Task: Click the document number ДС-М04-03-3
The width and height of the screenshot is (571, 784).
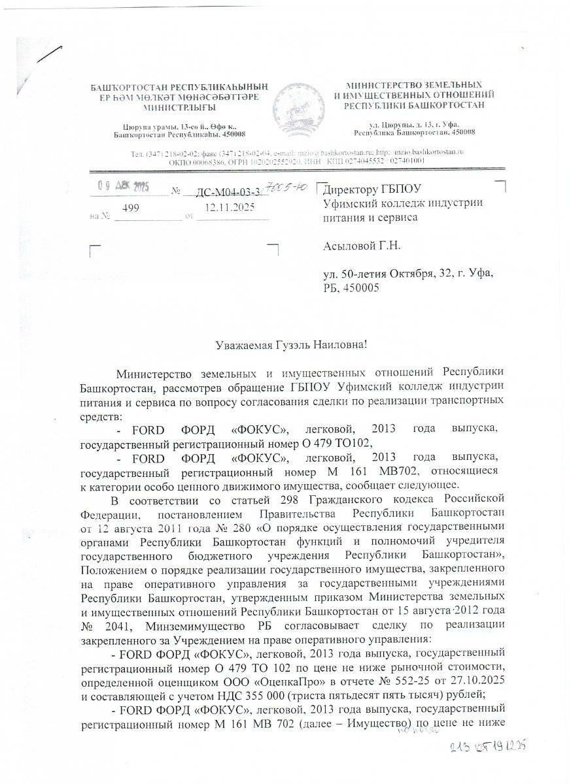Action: pyautogui.click(x=216, y=191)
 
